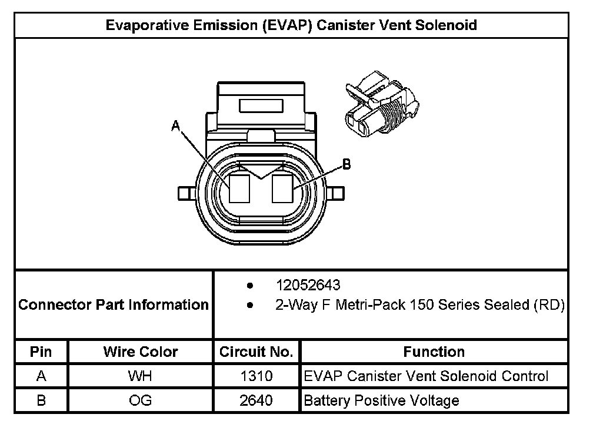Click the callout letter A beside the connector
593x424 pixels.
tap(175, 125)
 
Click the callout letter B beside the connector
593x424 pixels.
tap(347, 164)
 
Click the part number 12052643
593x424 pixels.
tap(308, 286)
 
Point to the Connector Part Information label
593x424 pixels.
tap(114, 305)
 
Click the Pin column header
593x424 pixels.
tap(41, 352)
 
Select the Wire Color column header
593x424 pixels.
tap(141, 352)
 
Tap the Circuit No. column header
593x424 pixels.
tap(256, 352)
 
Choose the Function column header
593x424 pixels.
tap(434, 352)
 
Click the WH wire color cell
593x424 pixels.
tap(140, 376)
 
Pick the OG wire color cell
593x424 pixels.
tap(140, 401)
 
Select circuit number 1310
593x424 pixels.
tap(256, 376)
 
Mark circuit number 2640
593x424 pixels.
tap(256, 401)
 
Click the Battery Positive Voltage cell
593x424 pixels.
tap(381, 401)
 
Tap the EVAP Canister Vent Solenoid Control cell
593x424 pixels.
tap(426, 376)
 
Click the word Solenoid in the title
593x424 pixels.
tap(446, 25)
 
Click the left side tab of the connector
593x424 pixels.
tap(186, 193)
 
